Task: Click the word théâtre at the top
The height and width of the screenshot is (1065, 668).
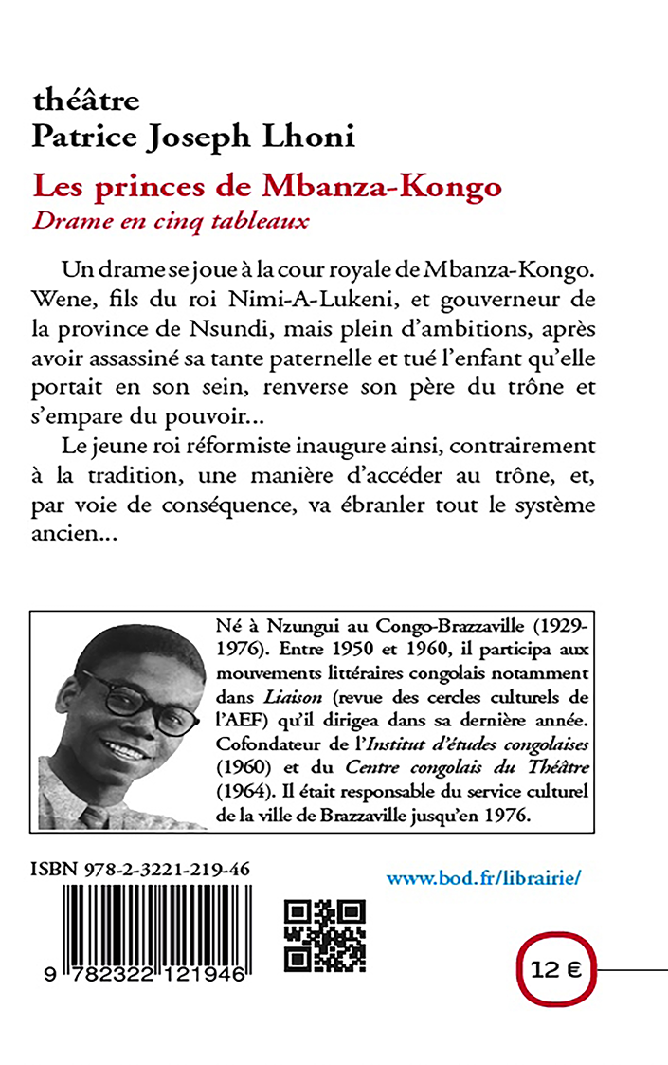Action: coord(86,100)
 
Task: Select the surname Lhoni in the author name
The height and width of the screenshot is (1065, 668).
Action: coord(314,138)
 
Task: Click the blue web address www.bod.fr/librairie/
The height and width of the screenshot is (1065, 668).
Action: coord(482,877)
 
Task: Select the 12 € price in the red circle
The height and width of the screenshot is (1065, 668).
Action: coord(555,970)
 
